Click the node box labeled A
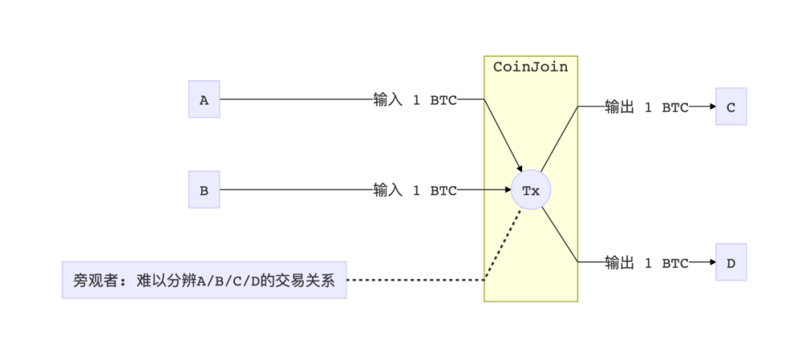tap(204, 100)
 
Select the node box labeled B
tap(204, 190)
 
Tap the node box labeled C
tap(730, 106)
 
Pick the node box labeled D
tap(730, 262)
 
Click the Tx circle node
tap(530, 190)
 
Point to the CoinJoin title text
tap(530, 67)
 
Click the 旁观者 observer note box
tap(204, 280)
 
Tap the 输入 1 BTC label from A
tap(415, 100)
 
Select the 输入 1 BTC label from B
tap(415, 190)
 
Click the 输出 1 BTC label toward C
tap(646, 107)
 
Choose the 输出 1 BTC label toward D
tap(646, 263)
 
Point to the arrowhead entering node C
tap(711, 106)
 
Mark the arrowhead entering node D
tap(711, 262)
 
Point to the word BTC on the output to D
tap(675, 263)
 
